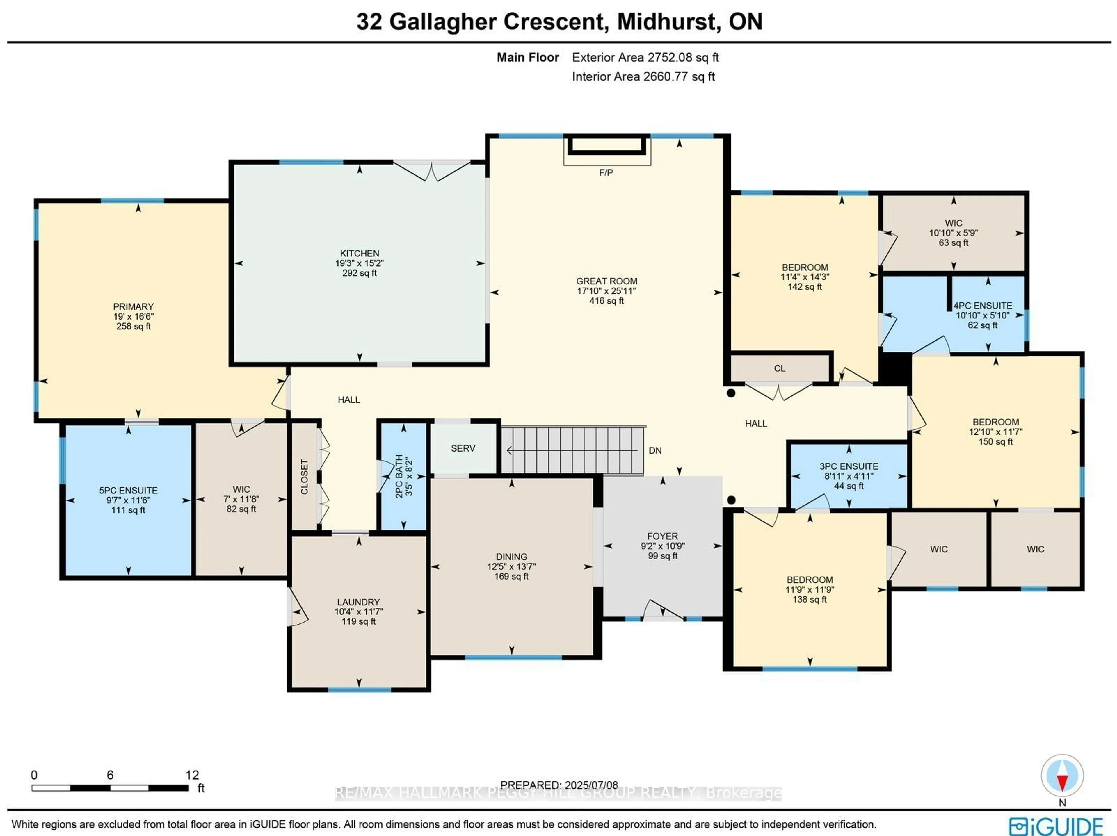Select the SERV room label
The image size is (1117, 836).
click(463, 448)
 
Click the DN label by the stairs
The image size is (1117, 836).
click(655, 450)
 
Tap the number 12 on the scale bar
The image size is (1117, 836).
click(192, 775)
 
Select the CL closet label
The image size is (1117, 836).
click(779, 368)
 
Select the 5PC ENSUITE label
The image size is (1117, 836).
click(128, 490)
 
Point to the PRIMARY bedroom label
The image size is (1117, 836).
click(133, 306)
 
